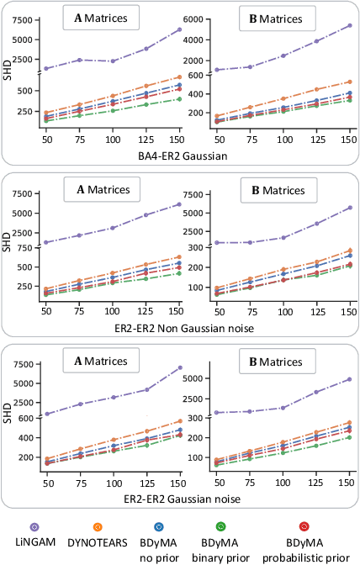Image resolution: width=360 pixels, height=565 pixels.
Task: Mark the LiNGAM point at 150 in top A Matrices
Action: pos(178,29)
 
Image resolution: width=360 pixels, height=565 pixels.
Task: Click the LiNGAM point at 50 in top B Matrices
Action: pos(217,70)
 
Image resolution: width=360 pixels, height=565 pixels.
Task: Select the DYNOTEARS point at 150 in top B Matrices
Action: pos(349,82)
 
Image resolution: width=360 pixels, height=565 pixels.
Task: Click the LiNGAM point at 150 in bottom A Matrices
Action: pos(178,367)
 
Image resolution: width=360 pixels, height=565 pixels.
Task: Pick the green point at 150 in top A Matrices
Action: pos(178,98)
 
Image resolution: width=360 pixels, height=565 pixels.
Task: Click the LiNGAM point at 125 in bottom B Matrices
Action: pos(316,393)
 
